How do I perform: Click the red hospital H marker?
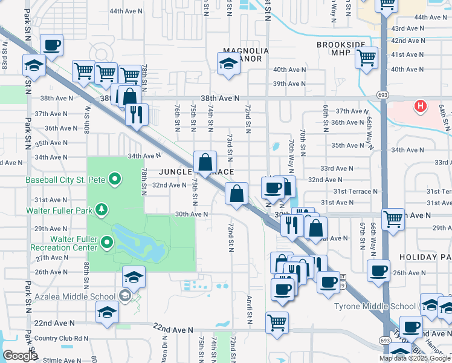click(421, 107)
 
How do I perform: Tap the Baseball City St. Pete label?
click(65, 179)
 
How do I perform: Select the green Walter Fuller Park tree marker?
click(103, 211)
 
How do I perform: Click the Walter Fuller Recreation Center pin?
click(108, 243)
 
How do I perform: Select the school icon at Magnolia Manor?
click(228, 64)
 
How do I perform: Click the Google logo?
click(19, 356)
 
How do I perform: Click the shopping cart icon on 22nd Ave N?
click(277, 321)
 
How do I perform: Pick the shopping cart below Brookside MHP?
click(366, 59)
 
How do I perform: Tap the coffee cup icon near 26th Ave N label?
click(378, 270)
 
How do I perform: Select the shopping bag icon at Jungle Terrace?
click(205, 162)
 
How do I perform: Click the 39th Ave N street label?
click(289, 83)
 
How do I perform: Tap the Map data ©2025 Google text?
click(415, 358)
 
